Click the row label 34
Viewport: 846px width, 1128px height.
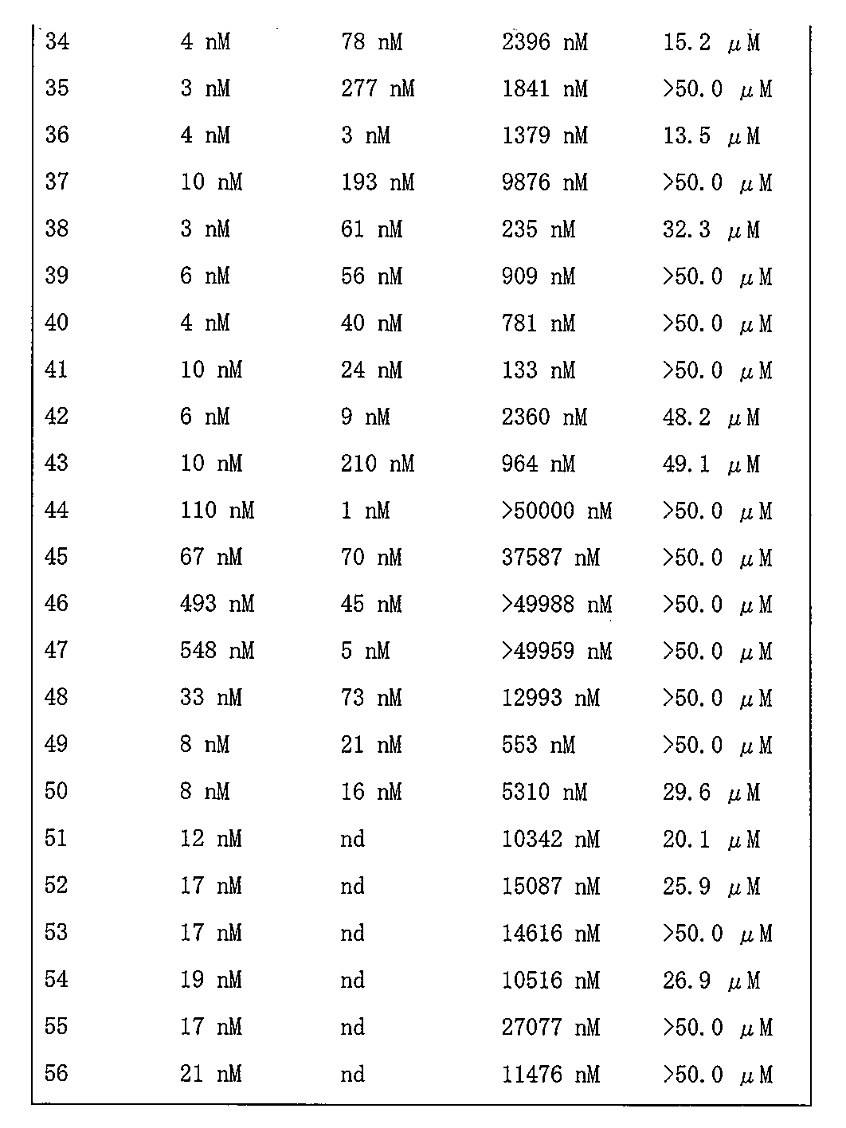[x=57, y=41]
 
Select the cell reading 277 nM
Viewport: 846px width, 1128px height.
[x=378, y=88]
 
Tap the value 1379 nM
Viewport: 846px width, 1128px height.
[x=544, y=135]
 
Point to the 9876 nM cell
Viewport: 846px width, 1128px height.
[x=544, y=182]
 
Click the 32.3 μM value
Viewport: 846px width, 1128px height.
[x=711, y=229]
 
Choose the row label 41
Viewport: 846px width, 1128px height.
[x=57, y=370]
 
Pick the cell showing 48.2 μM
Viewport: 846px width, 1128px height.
[x=711, y=417]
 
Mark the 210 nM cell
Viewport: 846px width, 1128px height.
[x=378, y=464]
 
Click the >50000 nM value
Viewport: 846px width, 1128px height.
[x=556, y=511]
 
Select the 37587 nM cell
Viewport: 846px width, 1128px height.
[x=550, y=558]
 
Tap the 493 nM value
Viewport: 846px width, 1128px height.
[x=217, y=605]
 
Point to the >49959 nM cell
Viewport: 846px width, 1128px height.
[x=556, y=652]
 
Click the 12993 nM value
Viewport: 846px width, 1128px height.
[x=550, y=699]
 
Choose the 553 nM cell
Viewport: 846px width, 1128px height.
[x=538, y=746]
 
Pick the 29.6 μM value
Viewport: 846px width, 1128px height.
[x=711, y=793]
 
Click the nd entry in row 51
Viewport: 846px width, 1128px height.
[x=353, y=839]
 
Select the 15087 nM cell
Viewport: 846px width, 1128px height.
[x=550, y=886]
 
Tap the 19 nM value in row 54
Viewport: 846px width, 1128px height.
[x=210, y=980]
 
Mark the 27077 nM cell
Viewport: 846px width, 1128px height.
[x=550, y=1027]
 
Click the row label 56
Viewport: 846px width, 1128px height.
[x=57, y=1074]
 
